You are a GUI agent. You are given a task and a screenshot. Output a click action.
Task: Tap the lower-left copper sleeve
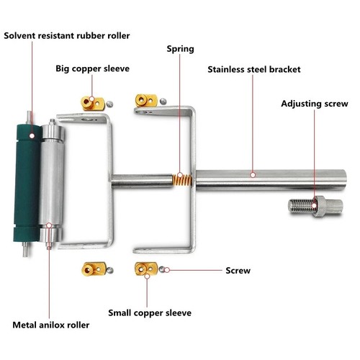(94, 268)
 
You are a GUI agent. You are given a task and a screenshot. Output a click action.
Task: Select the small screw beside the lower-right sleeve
(165, 270)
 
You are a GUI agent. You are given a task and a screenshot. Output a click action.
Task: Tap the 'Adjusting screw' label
(314, 103)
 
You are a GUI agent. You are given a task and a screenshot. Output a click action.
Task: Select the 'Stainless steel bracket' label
(253, 71)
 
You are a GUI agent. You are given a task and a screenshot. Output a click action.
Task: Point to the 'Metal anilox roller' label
(51, 325)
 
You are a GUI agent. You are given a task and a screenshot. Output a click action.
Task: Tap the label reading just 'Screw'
(238, 271)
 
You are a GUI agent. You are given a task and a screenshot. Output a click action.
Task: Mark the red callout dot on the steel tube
(253, 174)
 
